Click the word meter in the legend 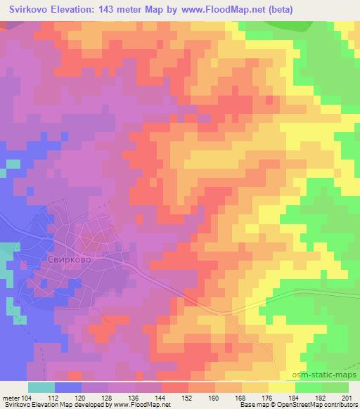click(12, 397)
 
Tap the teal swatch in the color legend click(41, 387)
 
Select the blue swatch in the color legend click(67, 387)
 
